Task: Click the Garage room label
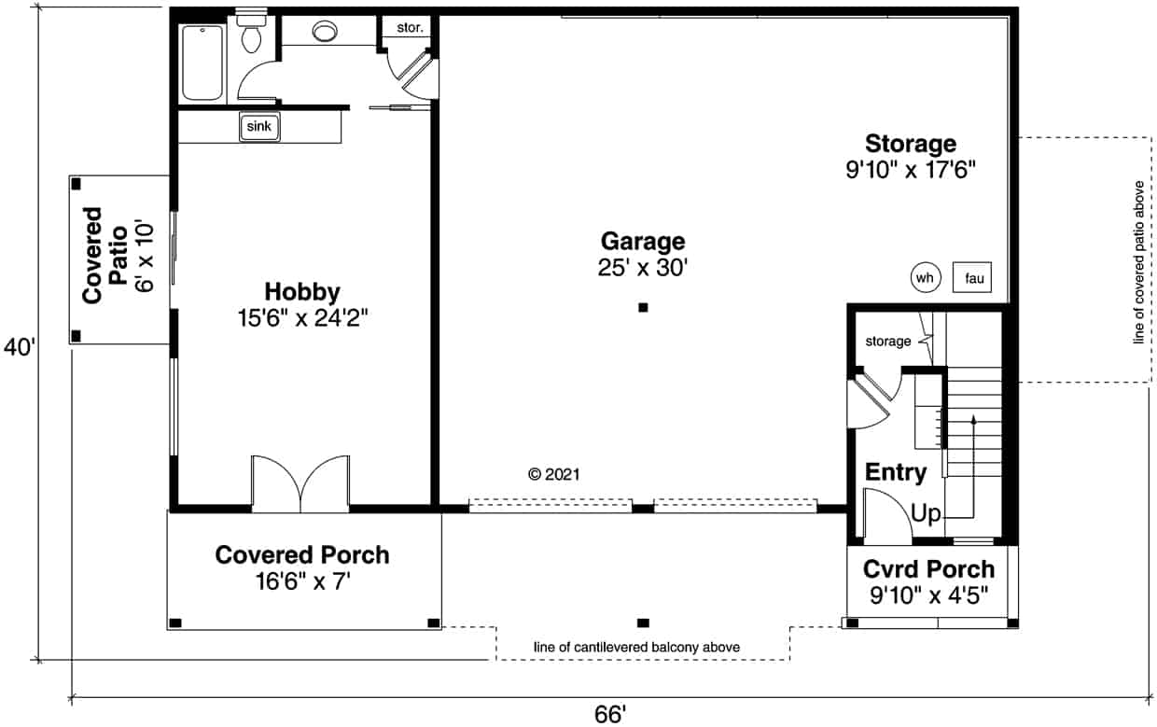click(x=642, y=242)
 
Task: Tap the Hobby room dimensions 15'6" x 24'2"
click(x=301, y=318)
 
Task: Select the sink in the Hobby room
click(x=261, y=127)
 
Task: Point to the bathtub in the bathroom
click(x=202, y=63)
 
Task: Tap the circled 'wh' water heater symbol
click(x=924, y=277)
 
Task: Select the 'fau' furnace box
click(x=972, y=278)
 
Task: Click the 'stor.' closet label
click(x=410, y=28)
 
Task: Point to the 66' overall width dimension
click(x=609, y=714)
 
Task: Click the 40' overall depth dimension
click(x=19, y=348)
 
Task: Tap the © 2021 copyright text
click(x=554, y=474)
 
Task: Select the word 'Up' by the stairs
click(x=926, y=513)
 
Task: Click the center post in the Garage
click(x=642, y=307)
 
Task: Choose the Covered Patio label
click(x=105, y=255)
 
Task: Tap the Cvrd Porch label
click(x=928, y=568)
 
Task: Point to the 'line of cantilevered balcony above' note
click(x=637, y=647)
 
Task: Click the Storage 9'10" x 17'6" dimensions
click(x=910, y=171)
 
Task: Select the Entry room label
click(x=896, y=472)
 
